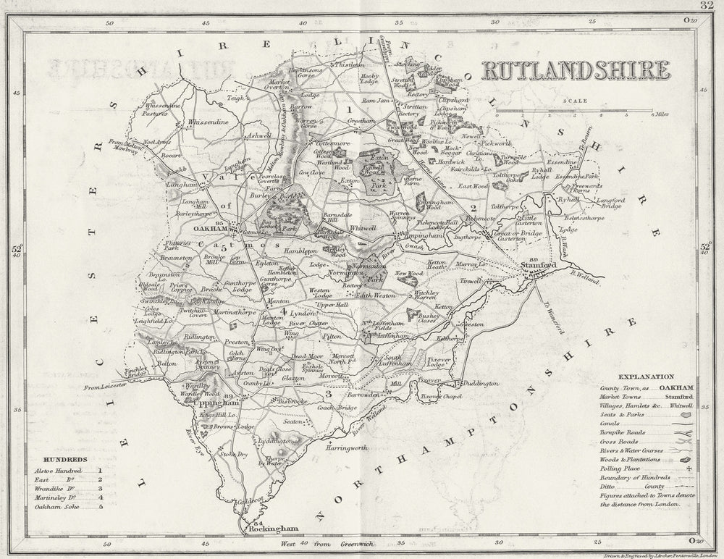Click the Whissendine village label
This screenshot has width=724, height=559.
coord(208,123)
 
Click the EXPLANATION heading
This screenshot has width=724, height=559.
coord(646,377)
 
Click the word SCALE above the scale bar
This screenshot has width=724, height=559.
coord(576,101)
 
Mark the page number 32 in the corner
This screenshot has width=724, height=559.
coord(708,7)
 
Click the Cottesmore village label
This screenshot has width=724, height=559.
coord(332,144)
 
